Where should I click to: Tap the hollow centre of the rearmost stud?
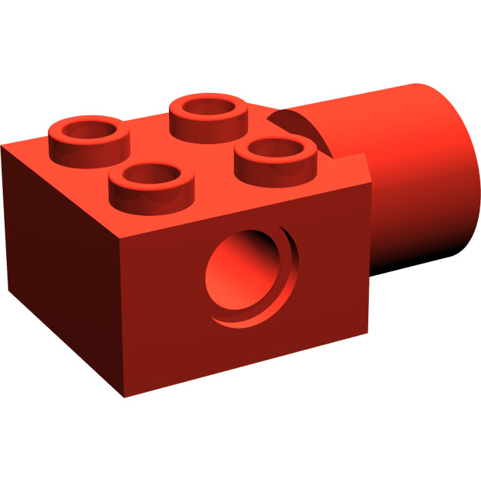click(x=209, y=107)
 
